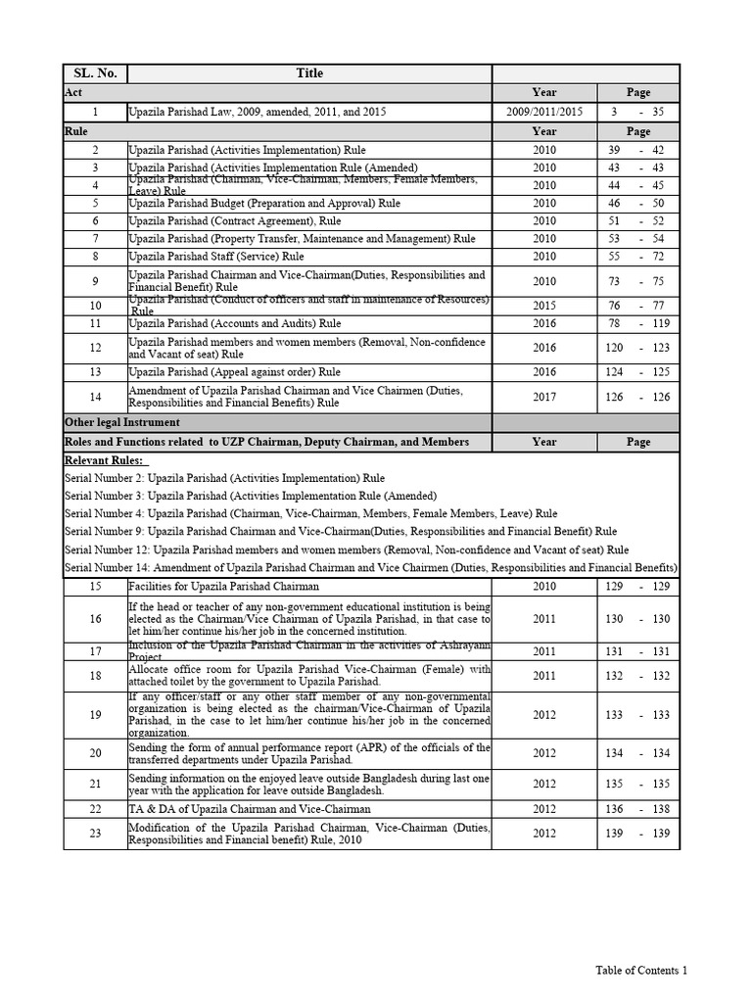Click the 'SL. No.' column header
tap(95, 73)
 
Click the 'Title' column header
tap(309, 73)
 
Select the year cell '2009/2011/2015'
tap(544, 112)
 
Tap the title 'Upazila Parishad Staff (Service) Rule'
tap(216, 256)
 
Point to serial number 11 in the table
tap(95, 323)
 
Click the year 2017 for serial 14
tap(544, 397)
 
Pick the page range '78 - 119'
tap(637, 323)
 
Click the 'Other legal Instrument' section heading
tap(122, 422)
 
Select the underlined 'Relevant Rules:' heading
tap(105, 460)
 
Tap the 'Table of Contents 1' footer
tap(641, 970)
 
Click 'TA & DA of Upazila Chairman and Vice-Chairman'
tap(250, 809)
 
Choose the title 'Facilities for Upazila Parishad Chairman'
tap(224, 586)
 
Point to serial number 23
tap(95, 833)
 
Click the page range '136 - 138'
tap(637, 809)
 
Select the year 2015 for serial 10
tap(544, 306)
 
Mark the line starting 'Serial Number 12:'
tap(347, 549)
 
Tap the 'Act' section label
tap(73, 92)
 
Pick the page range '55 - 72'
tap(637, 256)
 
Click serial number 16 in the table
tap(95, 619)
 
